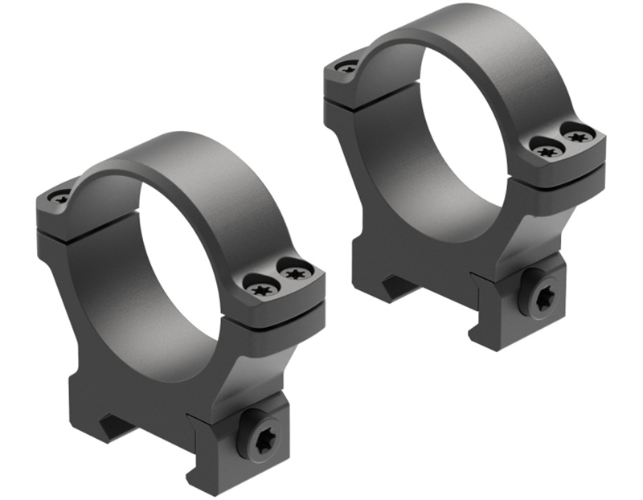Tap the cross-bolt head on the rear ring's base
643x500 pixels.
[x=538, y=298]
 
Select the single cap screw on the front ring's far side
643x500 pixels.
[x=59, y=195]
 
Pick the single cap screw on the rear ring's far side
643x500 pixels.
[x=346, y=67]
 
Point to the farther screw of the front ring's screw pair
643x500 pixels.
[x=295, y=271]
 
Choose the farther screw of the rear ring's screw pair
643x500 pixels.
[x=577, y=134]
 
